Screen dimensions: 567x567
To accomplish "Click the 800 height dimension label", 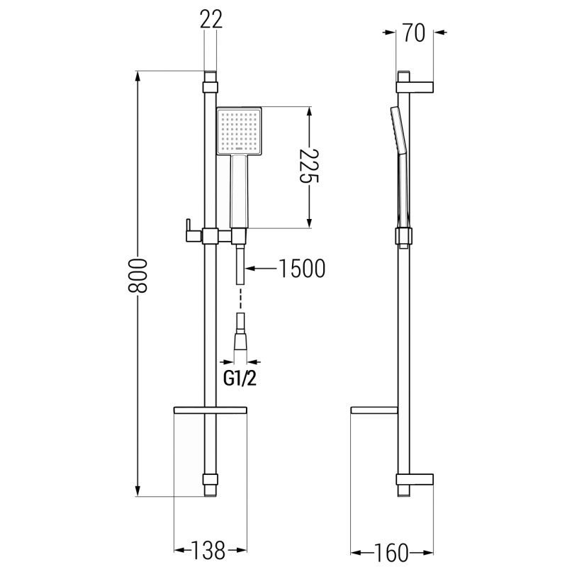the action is pos(137,275).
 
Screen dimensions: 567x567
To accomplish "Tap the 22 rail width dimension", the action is pos(211,19).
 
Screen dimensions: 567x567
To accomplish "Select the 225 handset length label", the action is pos(308,166).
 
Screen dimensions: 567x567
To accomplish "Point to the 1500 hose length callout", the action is pos(302,269).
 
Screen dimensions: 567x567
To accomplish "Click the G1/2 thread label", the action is pos(240,378).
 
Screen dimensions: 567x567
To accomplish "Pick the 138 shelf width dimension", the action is pos(208,551).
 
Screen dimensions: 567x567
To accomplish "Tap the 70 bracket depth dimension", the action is pos(415,33).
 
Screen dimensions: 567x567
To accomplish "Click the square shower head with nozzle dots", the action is pos(239,131).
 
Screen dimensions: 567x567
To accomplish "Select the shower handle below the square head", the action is pos(239,191).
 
